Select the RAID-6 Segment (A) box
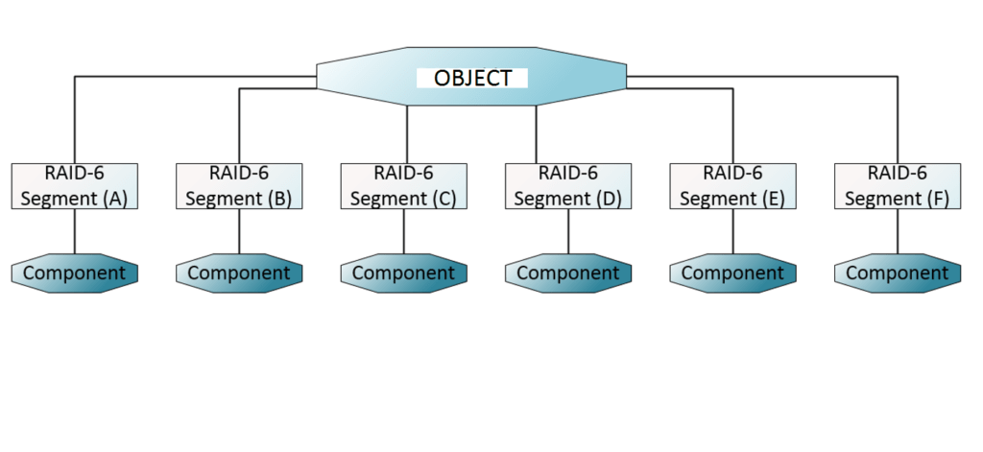(x=75, y=186)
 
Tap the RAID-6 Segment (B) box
(x=239, y=186)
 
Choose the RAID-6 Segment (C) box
(x=403, y=186)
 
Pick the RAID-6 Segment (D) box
(x=568, y=186)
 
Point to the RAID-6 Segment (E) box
(x=732, y=186)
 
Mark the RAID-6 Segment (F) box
(x=898, y=186)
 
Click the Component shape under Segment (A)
(x=75, y=273)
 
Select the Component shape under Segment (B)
(x=239, y=273)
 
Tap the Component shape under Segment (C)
(x=403, y=273)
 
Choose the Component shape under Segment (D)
(x=568, y=273)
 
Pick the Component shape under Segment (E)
(x=732, y=273)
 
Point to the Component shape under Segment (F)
(x=898, y=273)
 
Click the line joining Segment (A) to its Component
(x=75, y=231)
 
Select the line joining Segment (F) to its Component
(x=898, y=231)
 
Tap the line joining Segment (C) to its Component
(x=403, y=231)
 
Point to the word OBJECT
(x=472, y=78)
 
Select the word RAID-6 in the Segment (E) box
(x=732, y=174)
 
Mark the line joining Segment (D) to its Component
(x=568, y=231)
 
